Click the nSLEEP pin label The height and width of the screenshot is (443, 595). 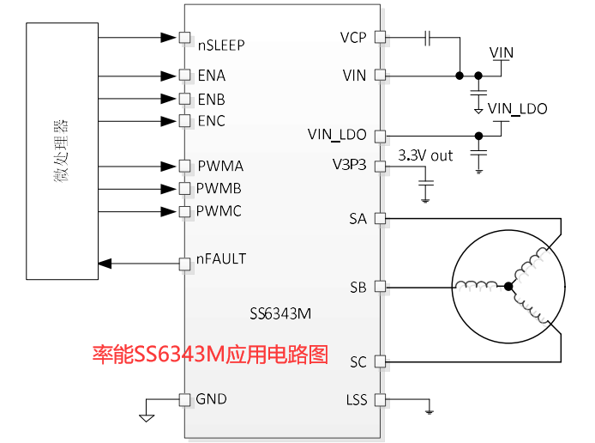coord(222,45)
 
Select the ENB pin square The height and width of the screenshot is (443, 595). coord(184,99)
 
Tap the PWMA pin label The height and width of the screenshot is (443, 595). coord(220,166)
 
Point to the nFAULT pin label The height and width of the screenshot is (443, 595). coord(221,258)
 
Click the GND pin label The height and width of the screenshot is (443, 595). coord(212,399)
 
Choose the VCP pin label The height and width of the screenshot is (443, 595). coord(353,38)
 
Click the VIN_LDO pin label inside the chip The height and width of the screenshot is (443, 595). coord(337,135)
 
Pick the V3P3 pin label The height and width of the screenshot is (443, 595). coord(349,165)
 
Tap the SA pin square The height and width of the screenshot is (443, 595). coord(381,219)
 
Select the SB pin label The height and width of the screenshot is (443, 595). coord(358,287)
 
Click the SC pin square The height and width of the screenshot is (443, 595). coord(381,361)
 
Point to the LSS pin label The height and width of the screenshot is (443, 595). coord(356,400)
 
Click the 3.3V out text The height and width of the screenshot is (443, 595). coord(426,155)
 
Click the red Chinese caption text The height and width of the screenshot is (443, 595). coord(210,354)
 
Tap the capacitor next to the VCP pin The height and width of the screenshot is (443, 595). coord(430,38)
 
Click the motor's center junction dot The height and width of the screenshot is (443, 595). coord(508,286)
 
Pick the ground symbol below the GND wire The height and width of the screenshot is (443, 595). coord(147,417)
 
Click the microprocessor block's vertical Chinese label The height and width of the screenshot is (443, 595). coord(61,151)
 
